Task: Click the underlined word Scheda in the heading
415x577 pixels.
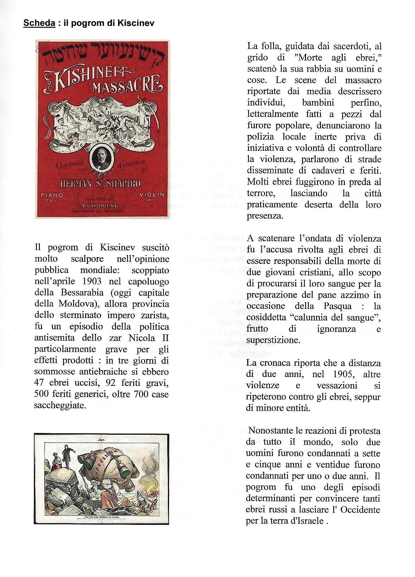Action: click(39, 23)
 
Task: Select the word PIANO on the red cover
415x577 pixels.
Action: click(52, 195)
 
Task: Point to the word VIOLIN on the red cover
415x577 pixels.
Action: click(152, 195)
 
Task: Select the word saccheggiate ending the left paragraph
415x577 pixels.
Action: click(60, 405)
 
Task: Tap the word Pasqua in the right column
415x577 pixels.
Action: click(337, 306)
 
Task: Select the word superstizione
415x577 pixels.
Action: click(273, 340)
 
